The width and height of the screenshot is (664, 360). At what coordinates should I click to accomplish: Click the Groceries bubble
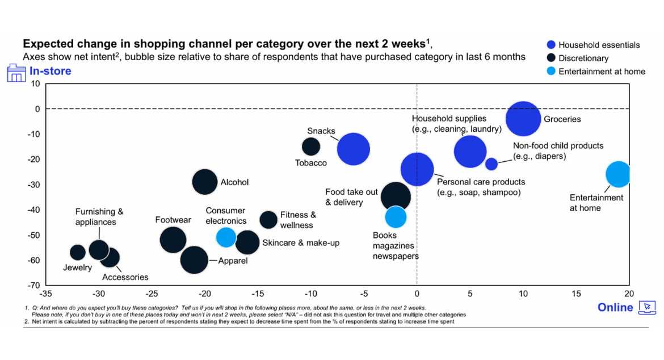coord(523,119)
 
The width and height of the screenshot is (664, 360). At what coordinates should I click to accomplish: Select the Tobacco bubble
coord(310,146)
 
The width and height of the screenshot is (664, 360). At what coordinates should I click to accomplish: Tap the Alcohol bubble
coord(205,182)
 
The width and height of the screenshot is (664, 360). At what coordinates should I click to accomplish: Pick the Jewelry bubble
coord(78,253)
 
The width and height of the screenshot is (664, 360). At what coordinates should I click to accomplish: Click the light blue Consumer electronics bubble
coord(226,237)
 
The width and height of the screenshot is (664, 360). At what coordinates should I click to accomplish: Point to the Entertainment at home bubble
coord(617,174)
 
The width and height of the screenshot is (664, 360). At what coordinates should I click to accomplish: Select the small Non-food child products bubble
coord(491,164)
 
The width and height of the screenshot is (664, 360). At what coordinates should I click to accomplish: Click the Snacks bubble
coord(354,149)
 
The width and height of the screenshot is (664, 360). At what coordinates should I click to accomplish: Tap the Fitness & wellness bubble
coord(268,220)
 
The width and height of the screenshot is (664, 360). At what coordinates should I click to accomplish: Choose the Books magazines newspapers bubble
coord(396,217)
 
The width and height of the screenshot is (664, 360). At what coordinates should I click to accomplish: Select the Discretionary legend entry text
coord(583,58)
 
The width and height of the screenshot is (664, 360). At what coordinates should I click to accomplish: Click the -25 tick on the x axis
coord(152,294)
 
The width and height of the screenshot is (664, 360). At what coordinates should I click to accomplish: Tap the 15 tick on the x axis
coord(576,294)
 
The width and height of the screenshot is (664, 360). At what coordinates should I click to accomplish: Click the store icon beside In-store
coord(16,73)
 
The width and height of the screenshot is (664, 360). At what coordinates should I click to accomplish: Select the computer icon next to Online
coord(647,307)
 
